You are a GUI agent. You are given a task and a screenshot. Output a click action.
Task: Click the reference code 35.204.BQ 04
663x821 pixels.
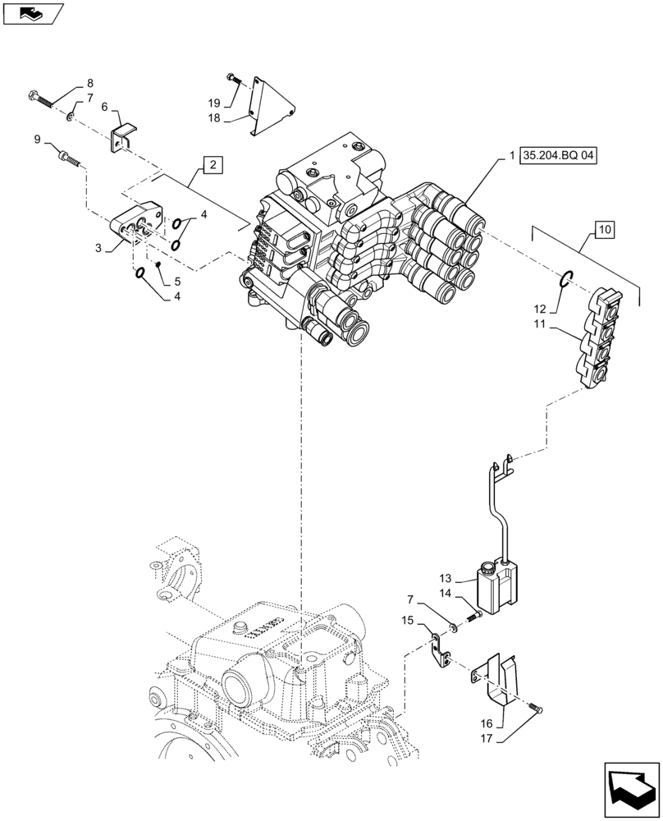[557, 154]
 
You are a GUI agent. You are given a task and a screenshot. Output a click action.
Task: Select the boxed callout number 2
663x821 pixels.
[212, 165]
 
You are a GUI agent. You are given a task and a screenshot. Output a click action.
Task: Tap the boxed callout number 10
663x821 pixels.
[605, 229]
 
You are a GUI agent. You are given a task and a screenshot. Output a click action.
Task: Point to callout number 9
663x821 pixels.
[38, 140]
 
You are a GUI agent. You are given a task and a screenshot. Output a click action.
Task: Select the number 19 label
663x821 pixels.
[213, 103]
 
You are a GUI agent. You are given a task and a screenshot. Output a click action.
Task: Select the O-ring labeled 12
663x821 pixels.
[565, 282]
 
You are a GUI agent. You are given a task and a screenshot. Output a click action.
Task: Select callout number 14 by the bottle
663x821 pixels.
[446, 593]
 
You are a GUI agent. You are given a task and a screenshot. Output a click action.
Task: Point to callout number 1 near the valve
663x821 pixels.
[511, 154]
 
